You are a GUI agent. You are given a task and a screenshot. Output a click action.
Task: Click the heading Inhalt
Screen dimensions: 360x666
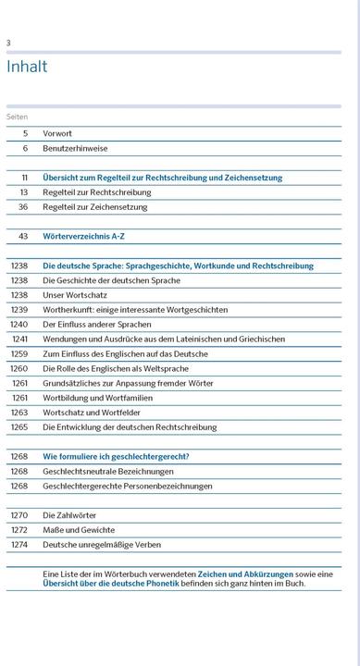pos(27,67)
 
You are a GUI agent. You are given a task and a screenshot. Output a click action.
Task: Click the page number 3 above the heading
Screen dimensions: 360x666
pos(8,43)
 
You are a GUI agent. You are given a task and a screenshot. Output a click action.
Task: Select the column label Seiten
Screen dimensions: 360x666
pos(18,117)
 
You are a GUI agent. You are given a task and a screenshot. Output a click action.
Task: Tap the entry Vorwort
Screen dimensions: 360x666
pos(57,133)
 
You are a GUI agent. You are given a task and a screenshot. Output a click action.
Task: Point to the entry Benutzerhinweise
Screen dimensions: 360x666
pos(76,148)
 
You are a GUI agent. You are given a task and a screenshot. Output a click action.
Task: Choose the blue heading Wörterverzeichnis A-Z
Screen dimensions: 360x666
pos(86,237)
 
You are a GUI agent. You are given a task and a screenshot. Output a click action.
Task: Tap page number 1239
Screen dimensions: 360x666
pos(19,310)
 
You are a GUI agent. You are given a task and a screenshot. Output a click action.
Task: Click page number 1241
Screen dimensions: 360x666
pos(19,339)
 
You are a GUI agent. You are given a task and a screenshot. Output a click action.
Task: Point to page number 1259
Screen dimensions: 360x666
pos(19,354)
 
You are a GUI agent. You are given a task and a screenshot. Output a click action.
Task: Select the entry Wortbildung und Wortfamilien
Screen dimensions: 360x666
pos(101,398)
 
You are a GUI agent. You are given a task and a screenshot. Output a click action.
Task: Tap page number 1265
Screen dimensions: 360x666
pos(19,427)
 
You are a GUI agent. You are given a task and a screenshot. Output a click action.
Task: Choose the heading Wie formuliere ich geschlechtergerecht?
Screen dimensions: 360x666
pos(116,457)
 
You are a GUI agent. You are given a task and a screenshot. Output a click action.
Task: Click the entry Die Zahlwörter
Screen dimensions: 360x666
pos(69,515)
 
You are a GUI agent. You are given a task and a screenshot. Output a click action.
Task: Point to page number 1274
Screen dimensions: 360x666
pos(19,545)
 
